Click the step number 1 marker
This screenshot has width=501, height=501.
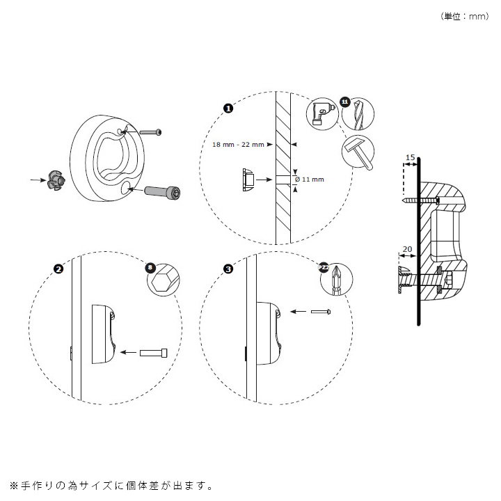[x=228, y=108]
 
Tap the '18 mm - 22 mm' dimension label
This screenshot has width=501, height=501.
[x=239, y=145]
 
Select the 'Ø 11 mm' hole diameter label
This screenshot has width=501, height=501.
[x=310, y=179]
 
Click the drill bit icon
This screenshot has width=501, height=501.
[x=358, y=113]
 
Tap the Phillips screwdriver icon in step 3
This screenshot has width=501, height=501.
[x=336, y=278]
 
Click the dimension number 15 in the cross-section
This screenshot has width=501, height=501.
[x=410, y=158]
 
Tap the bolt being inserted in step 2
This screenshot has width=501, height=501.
[x=154, y=353]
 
